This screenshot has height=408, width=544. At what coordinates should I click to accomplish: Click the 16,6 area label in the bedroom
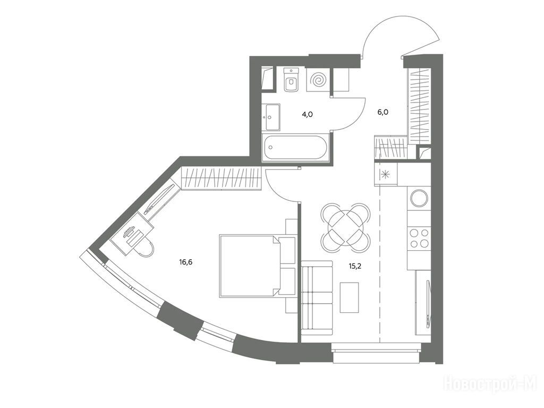coord(185,262)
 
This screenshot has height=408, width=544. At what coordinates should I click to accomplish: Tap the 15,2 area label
coord(355,266)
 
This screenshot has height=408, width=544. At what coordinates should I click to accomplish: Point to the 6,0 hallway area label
coord(383,112)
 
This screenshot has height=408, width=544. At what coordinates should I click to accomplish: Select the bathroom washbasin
coord(271,117)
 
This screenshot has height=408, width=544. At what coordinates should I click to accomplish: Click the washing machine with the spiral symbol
coord(318,80)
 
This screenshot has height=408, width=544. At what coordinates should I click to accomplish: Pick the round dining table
coord(345,228)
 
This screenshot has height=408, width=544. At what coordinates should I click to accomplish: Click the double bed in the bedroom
coord(257,266)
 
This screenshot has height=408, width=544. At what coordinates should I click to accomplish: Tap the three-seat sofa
coord(317,297)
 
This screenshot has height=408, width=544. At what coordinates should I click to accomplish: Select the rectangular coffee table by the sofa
coord(349,297)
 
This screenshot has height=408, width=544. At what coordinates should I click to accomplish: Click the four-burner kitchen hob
coord(419,238)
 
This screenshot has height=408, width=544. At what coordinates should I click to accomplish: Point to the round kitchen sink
coord(419,198)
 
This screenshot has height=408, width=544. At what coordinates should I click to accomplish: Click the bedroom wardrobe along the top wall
coord(222,178)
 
